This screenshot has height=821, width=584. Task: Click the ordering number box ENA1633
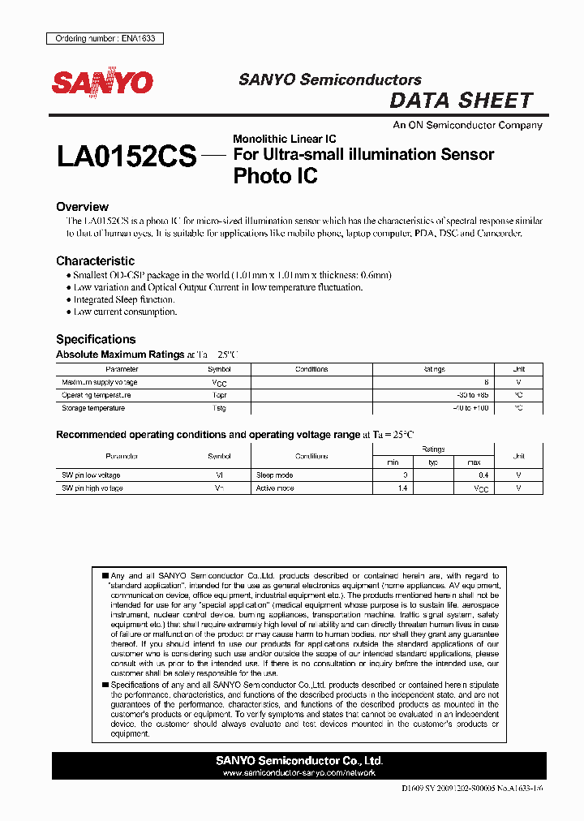(x=105, y=38)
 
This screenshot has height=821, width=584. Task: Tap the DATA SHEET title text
(x=461, y=101)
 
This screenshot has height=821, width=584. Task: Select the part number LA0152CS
(x=127, y=156)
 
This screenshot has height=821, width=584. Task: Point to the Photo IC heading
(x=275, y=175)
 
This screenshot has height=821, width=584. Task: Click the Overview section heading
(x=82, y=207)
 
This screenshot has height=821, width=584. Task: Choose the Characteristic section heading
(x=95, y=261)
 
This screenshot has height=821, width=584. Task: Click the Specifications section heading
(x=96, y=339)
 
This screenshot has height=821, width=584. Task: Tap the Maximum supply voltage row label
(x=100, y=382)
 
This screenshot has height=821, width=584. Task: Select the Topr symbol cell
(x=219, y=395)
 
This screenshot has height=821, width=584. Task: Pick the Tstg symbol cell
(x=219, y=408)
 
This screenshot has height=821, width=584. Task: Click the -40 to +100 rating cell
(x=472, y=408)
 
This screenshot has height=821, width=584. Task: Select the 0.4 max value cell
(x=483, y=475)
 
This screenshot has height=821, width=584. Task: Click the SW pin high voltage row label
(x=92, y=488)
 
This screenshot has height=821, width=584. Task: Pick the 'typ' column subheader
(x=433, y=462)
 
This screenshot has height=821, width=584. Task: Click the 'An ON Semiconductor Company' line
(x=467, y=126)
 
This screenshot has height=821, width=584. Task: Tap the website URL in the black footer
(x=299, y=773)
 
